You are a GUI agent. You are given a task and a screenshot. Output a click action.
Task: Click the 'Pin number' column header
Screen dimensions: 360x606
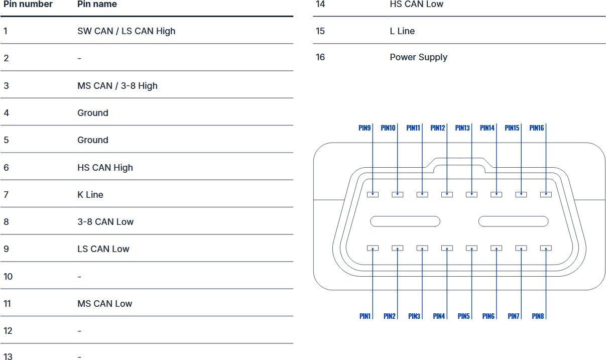click(x=28, y=5)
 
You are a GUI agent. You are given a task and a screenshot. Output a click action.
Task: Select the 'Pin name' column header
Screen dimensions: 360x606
click(x=97, y=5)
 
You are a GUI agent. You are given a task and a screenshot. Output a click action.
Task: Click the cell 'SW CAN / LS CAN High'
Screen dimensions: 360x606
click(x=126, y=31)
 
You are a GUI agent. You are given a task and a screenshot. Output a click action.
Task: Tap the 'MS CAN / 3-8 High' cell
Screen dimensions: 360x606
click(x=117, y=86)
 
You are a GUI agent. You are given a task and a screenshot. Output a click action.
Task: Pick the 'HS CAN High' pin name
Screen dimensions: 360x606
click(x=105, y=168)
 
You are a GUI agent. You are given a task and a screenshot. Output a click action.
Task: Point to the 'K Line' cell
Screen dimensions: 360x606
click(x=90, y=195)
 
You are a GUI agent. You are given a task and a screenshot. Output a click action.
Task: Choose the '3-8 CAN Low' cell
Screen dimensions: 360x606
click(x=105, y=222)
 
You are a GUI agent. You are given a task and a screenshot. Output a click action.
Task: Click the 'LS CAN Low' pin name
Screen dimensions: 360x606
click(x=103, y=249)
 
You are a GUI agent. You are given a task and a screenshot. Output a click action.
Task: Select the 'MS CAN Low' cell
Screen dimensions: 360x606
click(x=104, y=304)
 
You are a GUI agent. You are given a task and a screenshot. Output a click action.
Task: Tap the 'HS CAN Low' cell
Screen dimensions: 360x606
click(x=416, y=5)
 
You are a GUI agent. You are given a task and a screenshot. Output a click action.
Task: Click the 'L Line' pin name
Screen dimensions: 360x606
click(x=402, y=31)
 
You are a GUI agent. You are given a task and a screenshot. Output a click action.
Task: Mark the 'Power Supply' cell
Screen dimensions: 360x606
click(x=418, y=57)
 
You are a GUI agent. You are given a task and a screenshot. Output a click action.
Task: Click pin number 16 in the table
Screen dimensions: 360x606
click(x=320, y=57)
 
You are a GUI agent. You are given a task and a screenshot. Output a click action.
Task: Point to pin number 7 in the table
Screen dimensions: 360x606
click(x=6, y=195)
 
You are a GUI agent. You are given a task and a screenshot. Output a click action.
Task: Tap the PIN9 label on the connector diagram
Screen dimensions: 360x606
click(x=365, y=128)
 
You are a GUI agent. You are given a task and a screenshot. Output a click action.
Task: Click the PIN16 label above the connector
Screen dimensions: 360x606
click(x=536, y=128)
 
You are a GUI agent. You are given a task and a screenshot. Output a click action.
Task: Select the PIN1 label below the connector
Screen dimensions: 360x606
click(x=365, y=316)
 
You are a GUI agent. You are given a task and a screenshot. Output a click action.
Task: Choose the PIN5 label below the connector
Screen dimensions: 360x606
click(x=464, y=316)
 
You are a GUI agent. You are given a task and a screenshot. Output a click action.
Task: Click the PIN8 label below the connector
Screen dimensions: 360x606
click(x=538, y=316)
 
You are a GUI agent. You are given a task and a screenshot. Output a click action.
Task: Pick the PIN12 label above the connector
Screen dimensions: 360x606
click(x=438, y=128)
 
